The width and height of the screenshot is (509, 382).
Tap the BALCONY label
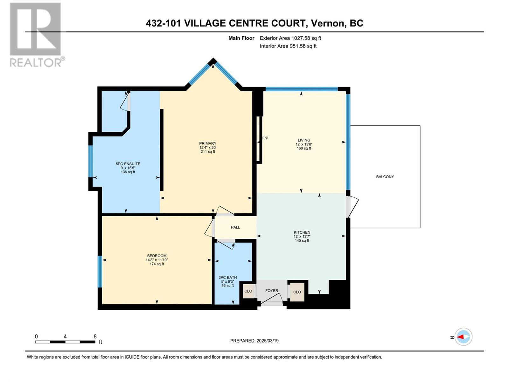point(385,177)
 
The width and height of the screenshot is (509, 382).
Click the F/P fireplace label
point(265,138)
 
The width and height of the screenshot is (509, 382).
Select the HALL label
point(235,227)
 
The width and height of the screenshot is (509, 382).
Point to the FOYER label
point(272,291)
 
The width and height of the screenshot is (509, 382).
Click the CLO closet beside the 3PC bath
point(248,291)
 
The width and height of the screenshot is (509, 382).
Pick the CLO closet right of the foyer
point(297,292)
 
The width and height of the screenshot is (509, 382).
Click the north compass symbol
point(463,337)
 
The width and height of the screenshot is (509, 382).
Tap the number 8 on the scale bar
point(95,336)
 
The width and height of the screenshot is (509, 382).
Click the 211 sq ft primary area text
point(208,152)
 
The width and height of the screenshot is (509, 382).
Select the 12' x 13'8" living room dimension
point(304,144)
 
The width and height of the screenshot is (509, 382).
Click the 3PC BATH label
point(227,278)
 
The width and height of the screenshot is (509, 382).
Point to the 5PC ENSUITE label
point(128,164)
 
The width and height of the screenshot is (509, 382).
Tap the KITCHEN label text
point(302,232)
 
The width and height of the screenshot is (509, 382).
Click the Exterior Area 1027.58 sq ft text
point(290,38)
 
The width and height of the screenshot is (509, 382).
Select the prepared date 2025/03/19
point(267,341)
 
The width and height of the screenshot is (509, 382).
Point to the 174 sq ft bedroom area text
point(157,264)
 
